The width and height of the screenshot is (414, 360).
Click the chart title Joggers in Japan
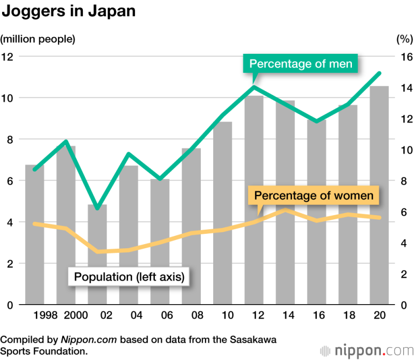(x=69, y=11)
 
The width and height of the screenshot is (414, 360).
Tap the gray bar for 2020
(x=379, y=197)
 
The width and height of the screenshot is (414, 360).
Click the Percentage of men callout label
(x=301, y=64)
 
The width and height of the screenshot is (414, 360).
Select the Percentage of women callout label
(x=314, y=196)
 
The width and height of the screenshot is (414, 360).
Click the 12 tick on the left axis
(x=8, y=56)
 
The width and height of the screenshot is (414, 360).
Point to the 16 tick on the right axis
(x=404, y=56)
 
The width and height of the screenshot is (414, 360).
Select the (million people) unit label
(x=38, y=38)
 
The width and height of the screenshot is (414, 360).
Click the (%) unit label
(x=403, y=38)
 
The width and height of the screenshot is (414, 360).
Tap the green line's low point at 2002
(x=97, y=208)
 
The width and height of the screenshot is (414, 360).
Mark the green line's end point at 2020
(x=379, y=73)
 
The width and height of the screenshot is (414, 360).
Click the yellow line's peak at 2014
(x=285, y=210)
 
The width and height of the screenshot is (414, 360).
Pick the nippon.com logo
(x=365, y=350)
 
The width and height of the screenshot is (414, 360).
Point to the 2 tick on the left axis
(x=9, y=264)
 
